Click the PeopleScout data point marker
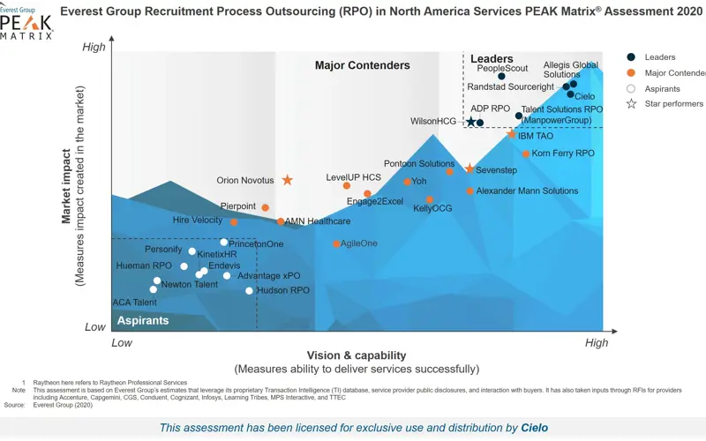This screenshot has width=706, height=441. pos(501,77)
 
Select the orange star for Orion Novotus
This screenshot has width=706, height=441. pos(287,180)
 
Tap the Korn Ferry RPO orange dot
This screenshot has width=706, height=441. pos(526,154)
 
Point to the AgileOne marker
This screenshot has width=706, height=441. pos(336,243)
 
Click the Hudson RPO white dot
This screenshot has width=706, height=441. pos(249,290)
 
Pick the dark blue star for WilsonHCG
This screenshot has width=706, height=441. pos(471,122)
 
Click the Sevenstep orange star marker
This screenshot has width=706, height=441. pos(469,168)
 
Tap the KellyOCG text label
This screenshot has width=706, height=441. pos(432,209)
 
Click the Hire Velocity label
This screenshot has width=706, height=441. pos(198,220)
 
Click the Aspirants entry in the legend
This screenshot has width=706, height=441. pos(662,89)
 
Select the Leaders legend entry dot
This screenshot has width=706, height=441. pos(631,57)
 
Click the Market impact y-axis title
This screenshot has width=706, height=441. pos(66,185)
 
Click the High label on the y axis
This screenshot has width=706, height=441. pos(94,48)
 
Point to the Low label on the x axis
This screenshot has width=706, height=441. pos(122,342)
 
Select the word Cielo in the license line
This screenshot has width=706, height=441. pos(534,428)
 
